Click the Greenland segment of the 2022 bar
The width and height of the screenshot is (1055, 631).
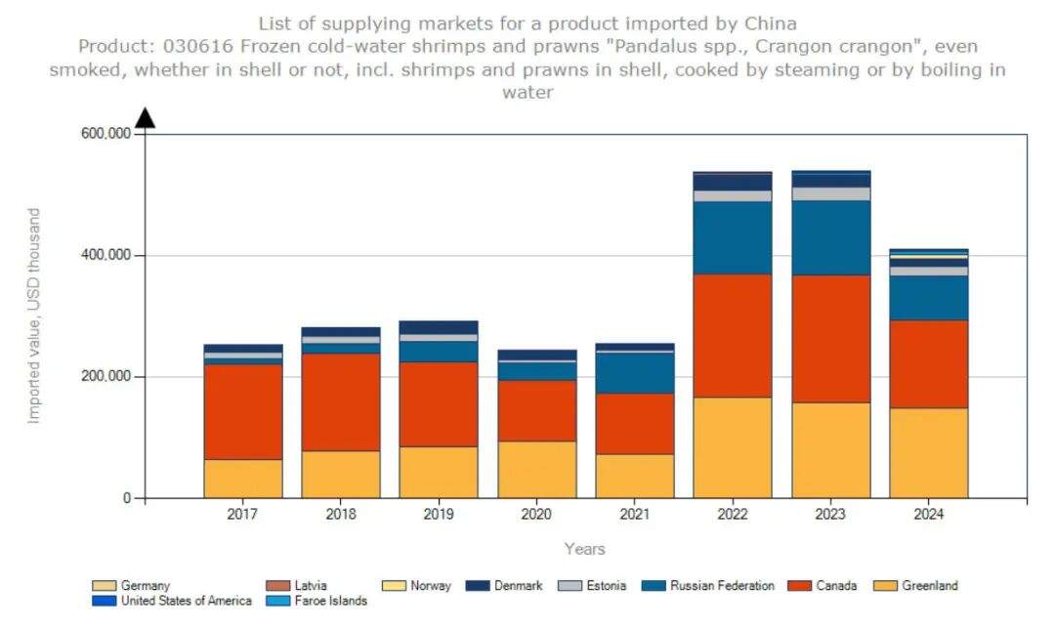[x=732, y=447]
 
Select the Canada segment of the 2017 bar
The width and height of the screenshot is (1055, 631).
[x=243, y=411]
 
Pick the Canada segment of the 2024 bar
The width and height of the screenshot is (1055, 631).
[x=929, y=363]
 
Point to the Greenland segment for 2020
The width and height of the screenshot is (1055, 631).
[x=536, y=469]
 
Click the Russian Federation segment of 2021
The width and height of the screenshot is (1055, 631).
[x=635, y=373]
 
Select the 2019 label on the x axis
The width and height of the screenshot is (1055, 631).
[x=439, y=514]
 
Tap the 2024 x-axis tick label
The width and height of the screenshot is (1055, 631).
[x=929, y=514]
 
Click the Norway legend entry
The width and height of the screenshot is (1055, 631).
[x=430, y=586]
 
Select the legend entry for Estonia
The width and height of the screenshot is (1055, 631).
[x=606, y=586]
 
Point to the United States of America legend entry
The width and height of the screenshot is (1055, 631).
[x=186, y=601]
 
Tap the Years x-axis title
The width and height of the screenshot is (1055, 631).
[x=584, y=549]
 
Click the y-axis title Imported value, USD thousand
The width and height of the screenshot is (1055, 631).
[x=34, y=315]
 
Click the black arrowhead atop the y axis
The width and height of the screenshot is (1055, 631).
[x=145, y=118]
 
